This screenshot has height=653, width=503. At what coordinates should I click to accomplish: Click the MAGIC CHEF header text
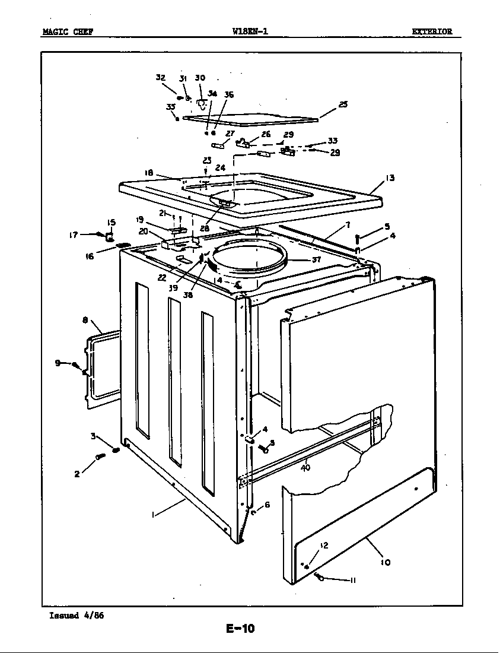[x=67, y=32]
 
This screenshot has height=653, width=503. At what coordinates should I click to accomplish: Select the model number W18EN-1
[x=250, y=32]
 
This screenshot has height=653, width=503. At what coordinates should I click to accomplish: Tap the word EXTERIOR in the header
[x=432, y=32]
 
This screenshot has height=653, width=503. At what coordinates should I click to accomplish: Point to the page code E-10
[x=240, y=628]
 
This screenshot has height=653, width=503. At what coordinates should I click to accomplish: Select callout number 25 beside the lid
[x=343, y=104]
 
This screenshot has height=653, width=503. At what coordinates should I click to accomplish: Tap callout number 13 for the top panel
[x=390, y=177]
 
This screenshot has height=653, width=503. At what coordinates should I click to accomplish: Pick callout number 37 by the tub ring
[x=316, y=259]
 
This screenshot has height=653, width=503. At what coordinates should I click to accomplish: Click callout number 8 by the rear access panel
[x=85, y=320]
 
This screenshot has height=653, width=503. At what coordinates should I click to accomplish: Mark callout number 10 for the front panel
[x=386, y=562]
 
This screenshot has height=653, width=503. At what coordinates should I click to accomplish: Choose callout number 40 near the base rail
[x=305, y=467]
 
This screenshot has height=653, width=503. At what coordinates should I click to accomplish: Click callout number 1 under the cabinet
[x=153, y=515]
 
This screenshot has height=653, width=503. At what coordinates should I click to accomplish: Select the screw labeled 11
[x=320, y=576]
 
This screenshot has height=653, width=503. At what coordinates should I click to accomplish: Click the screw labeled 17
[x=98, y=234]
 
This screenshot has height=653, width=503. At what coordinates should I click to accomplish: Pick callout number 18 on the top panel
[x=149, y=173]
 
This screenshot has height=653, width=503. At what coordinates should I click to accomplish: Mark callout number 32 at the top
[x=161, y=78]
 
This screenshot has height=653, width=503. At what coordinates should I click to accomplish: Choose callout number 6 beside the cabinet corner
[x=267, y=505]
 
